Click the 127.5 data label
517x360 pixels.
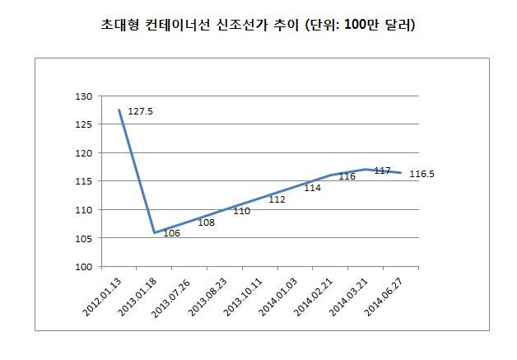pyautogui.click(x=140, y=111)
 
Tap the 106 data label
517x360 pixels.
pyautogui.click(x=172, y=233)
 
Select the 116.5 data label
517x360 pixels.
pyautogui.click(x=422, y=174)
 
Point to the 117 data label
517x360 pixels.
pyautogui.click(x=383, y=171)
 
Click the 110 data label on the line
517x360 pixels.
pyautogui.click(x=242, y=211)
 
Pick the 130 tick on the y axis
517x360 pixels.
pyautogui.click(x=84, y=96)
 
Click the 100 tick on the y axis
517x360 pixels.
pyautogui.click(x=84, y=267)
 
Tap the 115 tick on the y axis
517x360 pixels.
pyautogui.click(x=84, y=181)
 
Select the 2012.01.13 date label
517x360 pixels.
pyautogui.click(x=102, y=297)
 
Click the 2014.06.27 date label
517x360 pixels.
pyautogui.click(x=384, y=297)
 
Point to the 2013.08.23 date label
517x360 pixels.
pyautogui.click(x=207, y=297)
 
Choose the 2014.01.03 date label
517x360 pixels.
pyautogui.click(x=278, y=297)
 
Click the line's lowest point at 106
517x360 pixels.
pyautogui.click(x=154, y=232)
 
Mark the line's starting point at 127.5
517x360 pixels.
pyautogui.click(x=119, y=110)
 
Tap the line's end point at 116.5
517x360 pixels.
pyautogui.click(x=401, y=172)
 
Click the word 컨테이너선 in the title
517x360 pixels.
pyautogui.click(x=177, y=25)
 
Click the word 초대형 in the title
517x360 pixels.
pyautogui.click(x=119, y=25)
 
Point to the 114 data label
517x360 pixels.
pyautogui.click(x=312, y=188)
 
